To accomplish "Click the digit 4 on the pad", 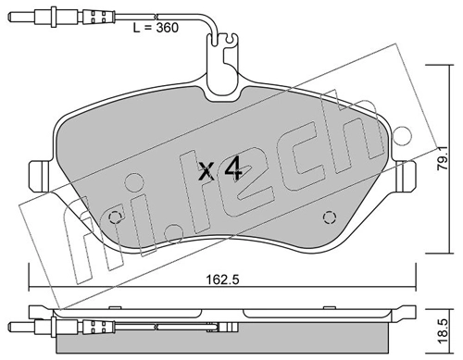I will pyautogui.click(x=233, y=170).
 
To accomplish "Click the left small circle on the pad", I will pyautogui.click(x=116, y=219).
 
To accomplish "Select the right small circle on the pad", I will pyautogui.click(x=328, y=219).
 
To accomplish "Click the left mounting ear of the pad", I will pyautogui.click(x=39, y=175).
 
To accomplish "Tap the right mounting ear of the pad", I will pyautogui.click(x=406, y=175).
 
